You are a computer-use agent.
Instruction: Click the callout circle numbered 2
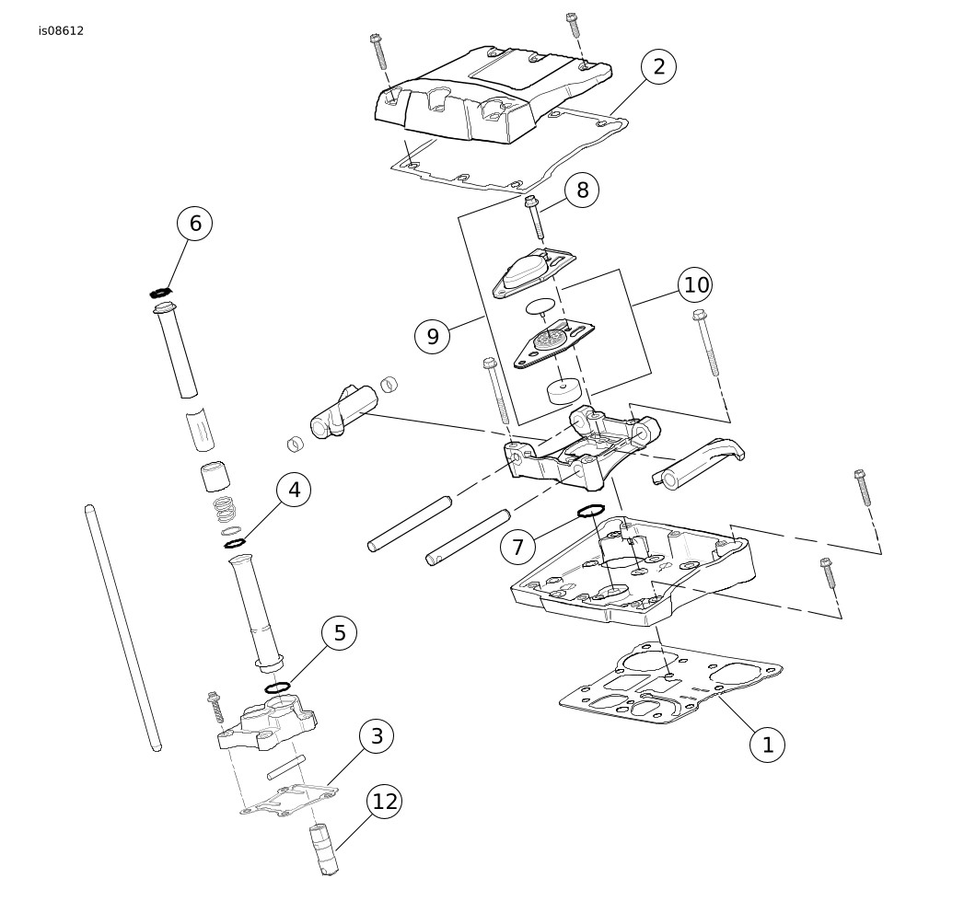658,66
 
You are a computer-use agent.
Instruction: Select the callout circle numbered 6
195,223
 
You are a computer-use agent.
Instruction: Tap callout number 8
582,191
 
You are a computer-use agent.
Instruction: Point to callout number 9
433,336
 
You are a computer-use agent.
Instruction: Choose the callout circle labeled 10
696,285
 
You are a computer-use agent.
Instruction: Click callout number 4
294,490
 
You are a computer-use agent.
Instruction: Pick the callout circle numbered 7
517,548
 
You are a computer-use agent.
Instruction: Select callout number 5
340,633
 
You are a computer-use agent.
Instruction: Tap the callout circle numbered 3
377,736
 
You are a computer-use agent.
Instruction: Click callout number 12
385,802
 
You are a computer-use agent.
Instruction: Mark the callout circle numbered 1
768,745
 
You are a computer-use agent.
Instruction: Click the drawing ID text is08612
61,30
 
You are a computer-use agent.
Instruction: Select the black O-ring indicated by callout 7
590,511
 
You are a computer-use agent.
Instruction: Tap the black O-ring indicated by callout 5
277,687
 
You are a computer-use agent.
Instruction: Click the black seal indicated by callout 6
162,294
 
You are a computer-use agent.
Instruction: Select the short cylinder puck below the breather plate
563,390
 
